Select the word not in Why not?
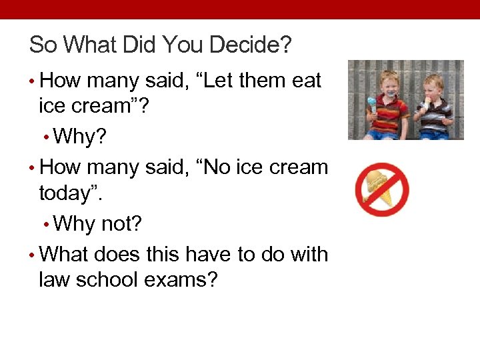pyautogui.click(x=122, y=223)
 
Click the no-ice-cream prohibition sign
pyautogui.click(x=381, y=189)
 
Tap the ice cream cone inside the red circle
pyautogui.click(x=377, y=187)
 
